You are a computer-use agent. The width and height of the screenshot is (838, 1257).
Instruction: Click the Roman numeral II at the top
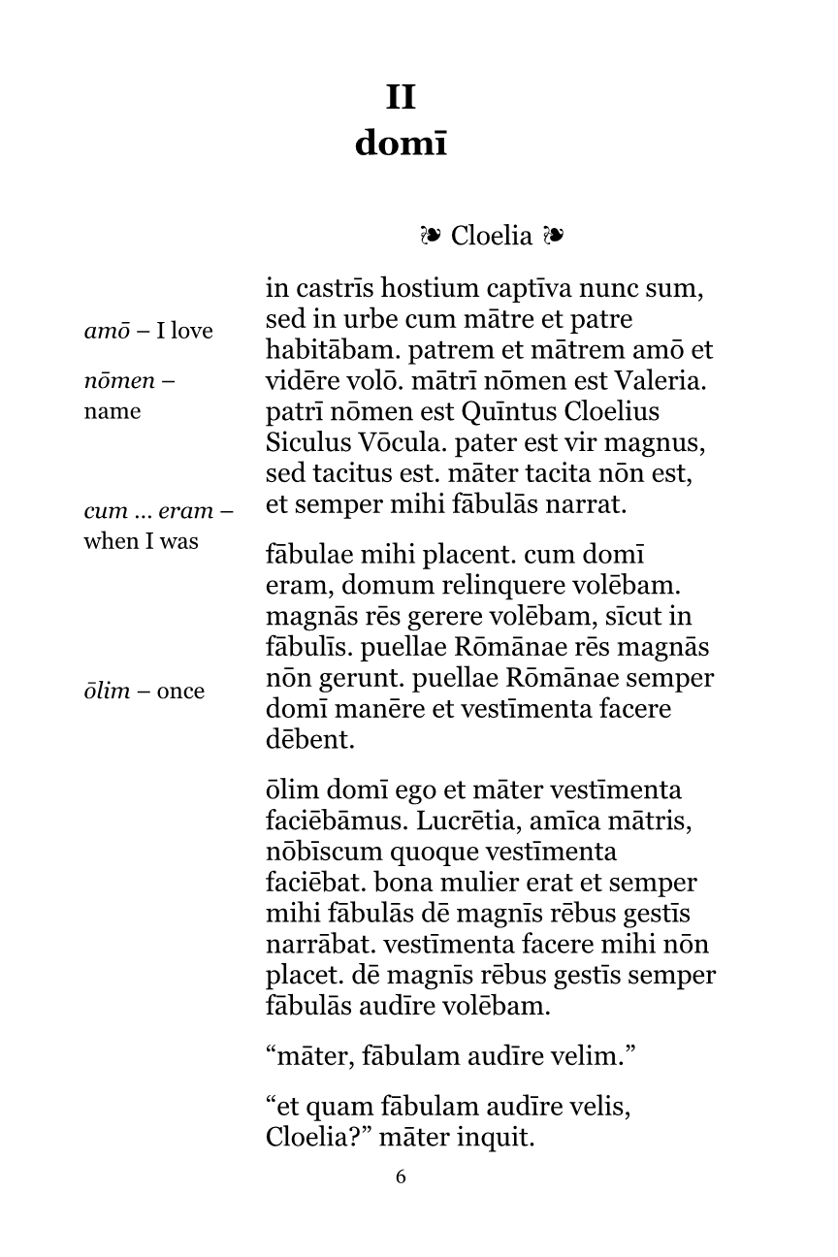pyautogui.click(x=401, y=98)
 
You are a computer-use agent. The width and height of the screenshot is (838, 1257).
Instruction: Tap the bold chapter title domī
pyautogui.click(x=401, y=144)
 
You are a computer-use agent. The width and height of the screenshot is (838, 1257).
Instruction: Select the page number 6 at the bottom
pyautogui.click(x=401, y=1177)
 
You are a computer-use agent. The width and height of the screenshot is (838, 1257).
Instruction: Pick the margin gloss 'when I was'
pyautogui.click(x=141, y=541)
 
